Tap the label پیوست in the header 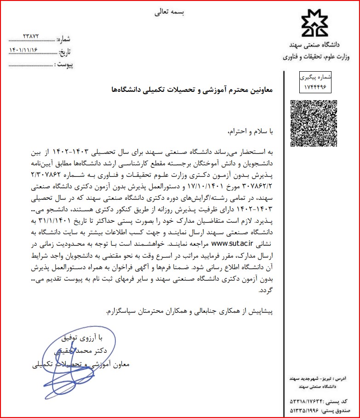coord(64,65)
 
